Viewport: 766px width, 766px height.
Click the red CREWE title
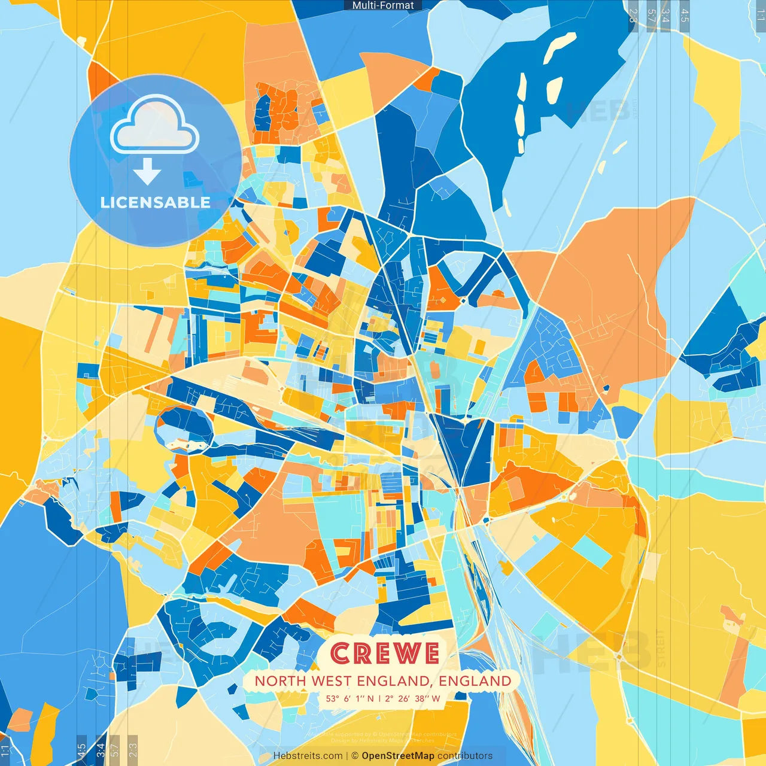(x=385, y=653)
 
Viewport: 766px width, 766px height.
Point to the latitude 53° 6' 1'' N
(x=350, y=698)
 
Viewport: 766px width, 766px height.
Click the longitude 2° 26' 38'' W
(x=412, y=698)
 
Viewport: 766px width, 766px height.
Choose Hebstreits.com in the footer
(x=308, y=756)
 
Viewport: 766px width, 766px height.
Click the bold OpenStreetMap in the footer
(x=398, y=756)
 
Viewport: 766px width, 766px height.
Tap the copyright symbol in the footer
(x=355, y=756)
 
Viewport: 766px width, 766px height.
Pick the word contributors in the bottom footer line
(x=465, y=756)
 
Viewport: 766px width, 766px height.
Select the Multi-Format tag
(x=383, y=5)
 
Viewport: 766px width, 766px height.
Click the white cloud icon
(x=155, y=126)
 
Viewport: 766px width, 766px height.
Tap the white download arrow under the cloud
(x=147, y=172)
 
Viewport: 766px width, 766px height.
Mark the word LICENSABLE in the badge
(x=156, y=202)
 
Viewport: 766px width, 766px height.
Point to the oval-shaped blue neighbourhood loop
(x=184, y=428)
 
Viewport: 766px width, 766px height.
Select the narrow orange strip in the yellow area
(x=734, y=658)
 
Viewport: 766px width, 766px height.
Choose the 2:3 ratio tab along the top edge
(x=633, y=16)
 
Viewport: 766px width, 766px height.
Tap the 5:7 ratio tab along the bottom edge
(x=115, y=750)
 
